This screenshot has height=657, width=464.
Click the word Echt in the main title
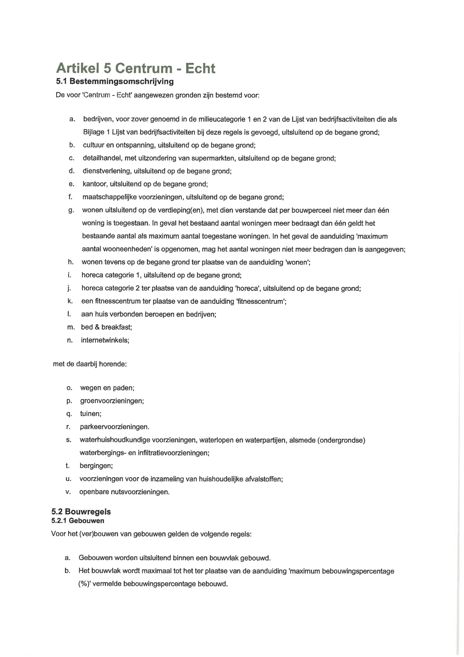(200, 68)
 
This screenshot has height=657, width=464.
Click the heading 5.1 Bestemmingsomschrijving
(115, 81)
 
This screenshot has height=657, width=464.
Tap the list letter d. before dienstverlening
(72, 171)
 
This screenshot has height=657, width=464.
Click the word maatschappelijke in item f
(109, 197)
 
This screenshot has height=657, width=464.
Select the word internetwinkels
(105, 340)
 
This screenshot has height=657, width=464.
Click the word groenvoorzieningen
(112, 401)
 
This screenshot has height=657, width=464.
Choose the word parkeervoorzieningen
(114, 427)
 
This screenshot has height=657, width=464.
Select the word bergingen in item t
(96, 466)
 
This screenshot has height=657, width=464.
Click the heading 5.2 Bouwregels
(81, 512)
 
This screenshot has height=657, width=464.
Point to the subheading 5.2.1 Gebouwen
(78, 521)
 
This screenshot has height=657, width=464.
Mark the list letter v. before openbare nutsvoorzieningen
(68, 492)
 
